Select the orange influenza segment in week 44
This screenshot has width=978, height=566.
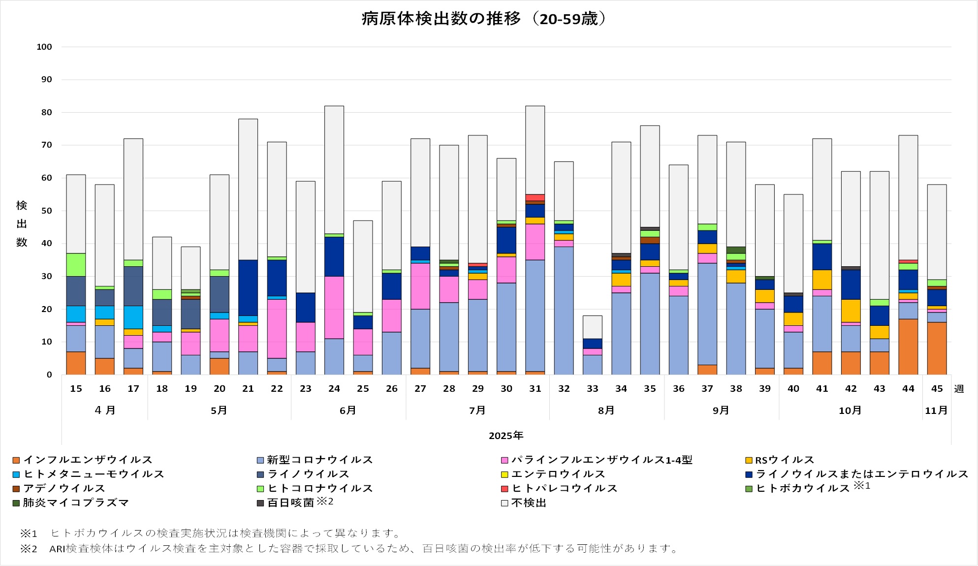point(908,347)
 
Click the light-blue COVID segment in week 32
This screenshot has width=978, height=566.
point(564,310)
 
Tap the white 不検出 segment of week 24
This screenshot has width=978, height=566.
point(334,170)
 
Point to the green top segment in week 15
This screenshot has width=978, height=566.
point(76,265)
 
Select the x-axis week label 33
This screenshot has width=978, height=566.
point(592,389)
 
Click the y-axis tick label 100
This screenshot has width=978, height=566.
point(44,47)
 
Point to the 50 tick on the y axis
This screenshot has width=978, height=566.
point(46,211)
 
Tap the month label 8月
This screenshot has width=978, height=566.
point(606,410)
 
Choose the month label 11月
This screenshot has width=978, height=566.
point(936,410)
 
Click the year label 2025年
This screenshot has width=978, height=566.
point(506,436)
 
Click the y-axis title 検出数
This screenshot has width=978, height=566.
point(22,224)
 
